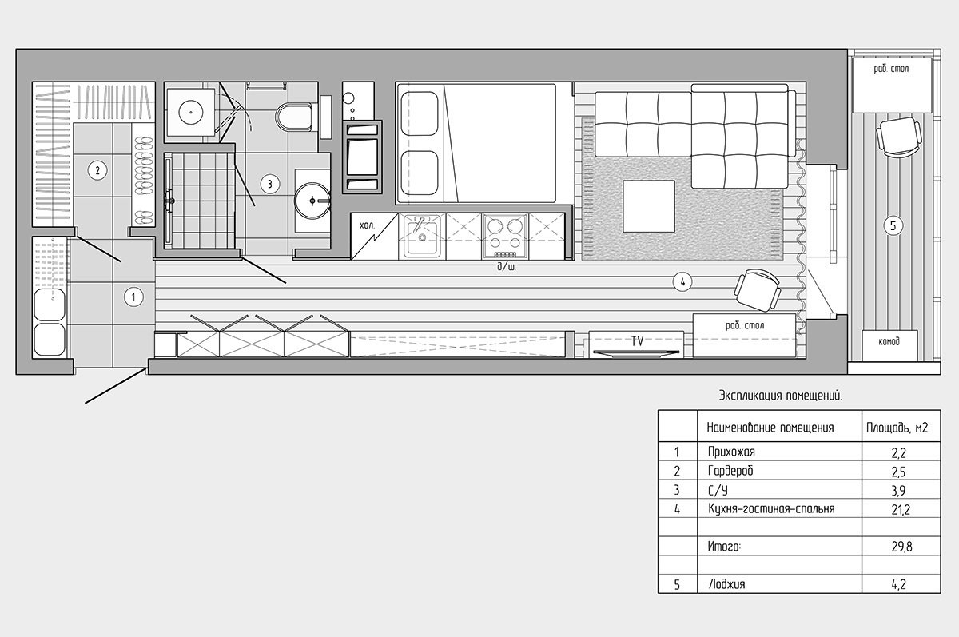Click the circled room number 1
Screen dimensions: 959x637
point(133,297)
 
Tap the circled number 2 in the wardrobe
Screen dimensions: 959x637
point(97,170)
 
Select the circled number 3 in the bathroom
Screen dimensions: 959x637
point(270,184)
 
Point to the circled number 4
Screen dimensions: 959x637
point(682,281)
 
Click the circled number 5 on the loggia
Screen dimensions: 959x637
point(893,225)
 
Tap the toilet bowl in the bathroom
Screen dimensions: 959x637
point(295,117)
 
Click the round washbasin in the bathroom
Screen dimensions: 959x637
point(312,201)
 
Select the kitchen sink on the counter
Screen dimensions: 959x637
point(422,237)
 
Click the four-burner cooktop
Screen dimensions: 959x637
point(505,237)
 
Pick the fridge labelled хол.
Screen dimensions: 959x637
point(374,237)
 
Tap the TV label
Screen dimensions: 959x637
point(637,341)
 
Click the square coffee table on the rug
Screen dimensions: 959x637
point(649,206)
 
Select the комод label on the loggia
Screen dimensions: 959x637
point(889,341)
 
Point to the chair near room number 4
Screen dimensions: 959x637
point(758,290)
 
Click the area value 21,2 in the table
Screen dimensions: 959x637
point(901,510)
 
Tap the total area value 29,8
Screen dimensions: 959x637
point(901,547)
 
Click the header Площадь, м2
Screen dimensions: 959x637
point(897,428)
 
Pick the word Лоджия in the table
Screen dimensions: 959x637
point(727,584)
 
